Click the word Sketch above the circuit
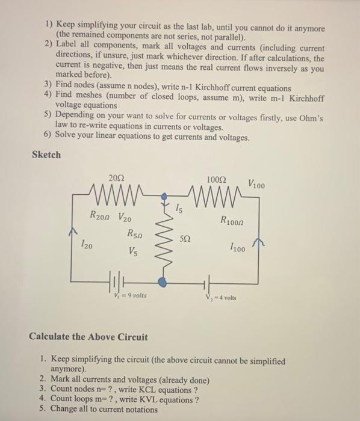pos(46,155)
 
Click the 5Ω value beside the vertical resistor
pos(186,240)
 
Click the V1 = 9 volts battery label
pos(128,296)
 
